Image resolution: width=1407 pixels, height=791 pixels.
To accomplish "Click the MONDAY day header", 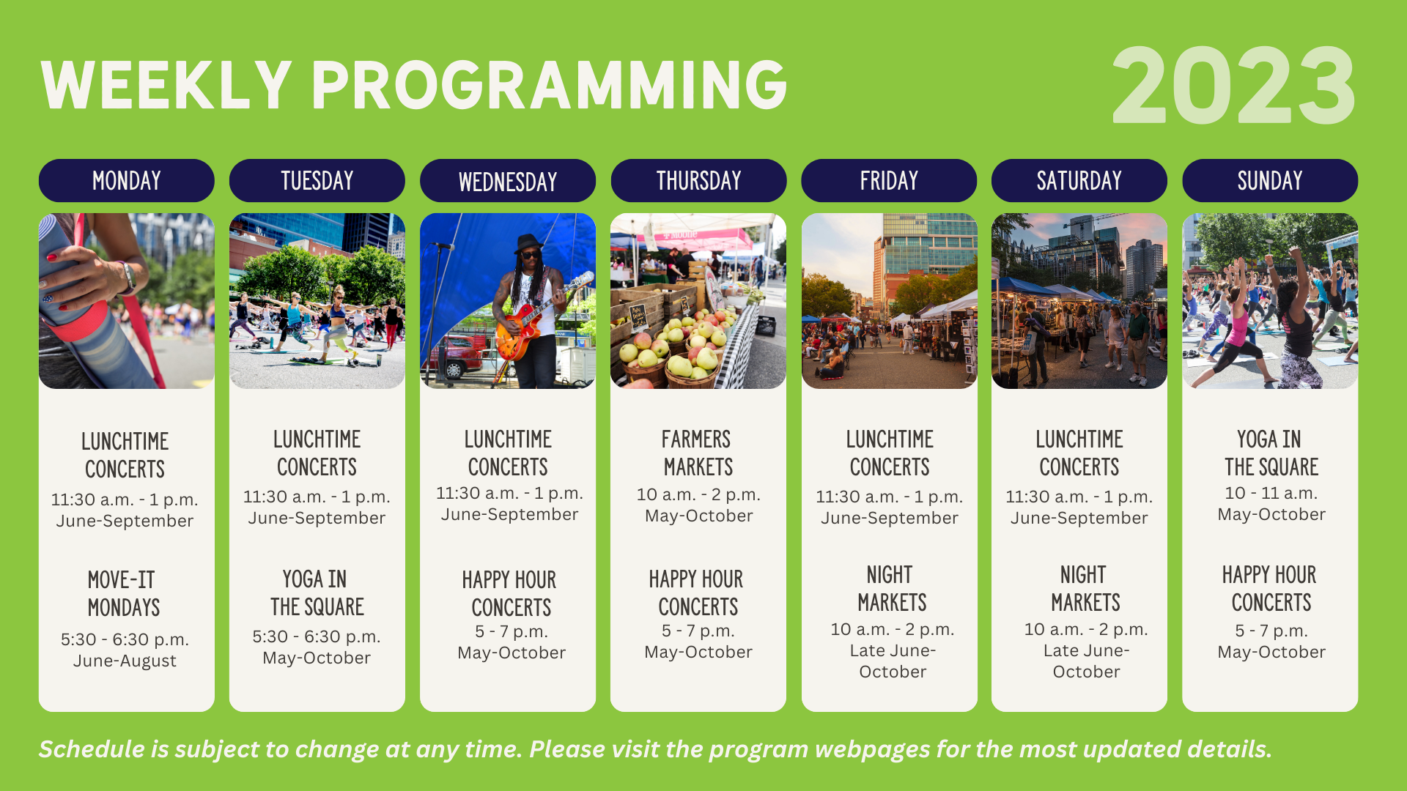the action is pos(126,180).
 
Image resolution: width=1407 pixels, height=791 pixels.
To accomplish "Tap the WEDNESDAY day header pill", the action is pos(507,180).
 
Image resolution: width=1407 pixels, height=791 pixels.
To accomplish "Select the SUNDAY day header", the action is pos(1270,180).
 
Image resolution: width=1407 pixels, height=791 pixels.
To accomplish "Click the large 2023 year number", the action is pos(1233,86).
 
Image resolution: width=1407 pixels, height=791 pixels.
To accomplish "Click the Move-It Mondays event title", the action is pos(123,593).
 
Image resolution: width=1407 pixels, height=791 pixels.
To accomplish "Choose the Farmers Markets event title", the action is pos(698,453).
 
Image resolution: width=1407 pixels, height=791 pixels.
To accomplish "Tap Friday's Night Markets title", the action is pos(892,588).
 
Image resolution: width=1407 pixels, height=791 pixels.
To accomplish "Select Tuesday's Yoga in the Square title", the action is pos(317,593).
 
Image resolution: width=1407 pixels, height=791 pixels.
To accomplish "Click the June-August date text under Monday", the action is pos(125,661).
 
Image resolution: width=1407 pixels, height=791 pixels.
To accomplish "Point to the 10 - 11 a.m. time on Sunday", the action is pos(1271,493).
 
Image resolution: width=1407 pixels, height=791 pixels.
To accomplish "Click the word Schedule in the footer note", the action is pos(92,749).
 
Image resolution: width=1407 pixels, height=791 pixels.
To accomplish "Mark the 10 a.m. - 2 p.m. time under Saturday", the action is pos(1086,629).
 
